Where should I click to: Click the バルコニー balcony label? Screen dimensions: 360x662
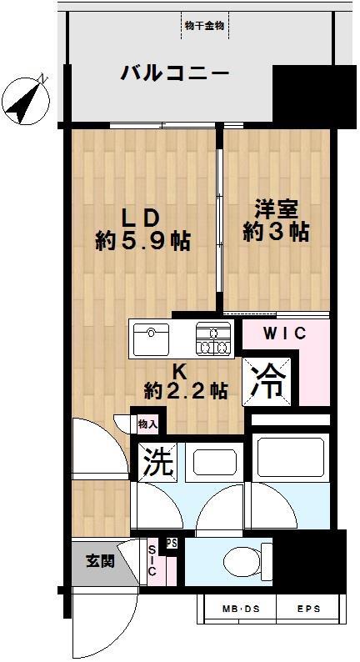175,74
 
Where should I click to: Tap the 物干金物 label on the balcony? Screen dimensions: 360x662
205,25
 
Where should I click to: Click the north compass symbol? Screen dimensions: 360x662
26,101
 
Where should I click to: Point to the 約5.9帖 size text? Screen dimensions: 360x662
142,242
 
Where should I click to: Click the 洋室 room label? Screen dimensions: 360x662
277,210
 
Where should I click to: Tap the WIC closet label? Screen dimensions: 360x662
284,334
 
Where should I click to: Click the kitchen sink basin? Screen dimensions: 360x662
151,339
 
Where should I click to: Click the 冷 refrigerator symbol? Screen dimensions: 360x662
267,382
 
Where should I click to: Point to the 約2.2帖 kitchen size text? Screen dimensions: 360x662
186,391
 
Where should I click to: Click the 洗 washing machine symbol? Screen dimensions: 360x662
157,463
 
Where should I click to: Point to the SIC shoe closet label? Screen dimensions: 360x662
152,559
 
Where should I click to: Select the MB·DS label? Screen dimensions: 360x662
241,609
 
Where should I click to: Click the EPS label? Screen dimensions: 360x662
308,609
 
